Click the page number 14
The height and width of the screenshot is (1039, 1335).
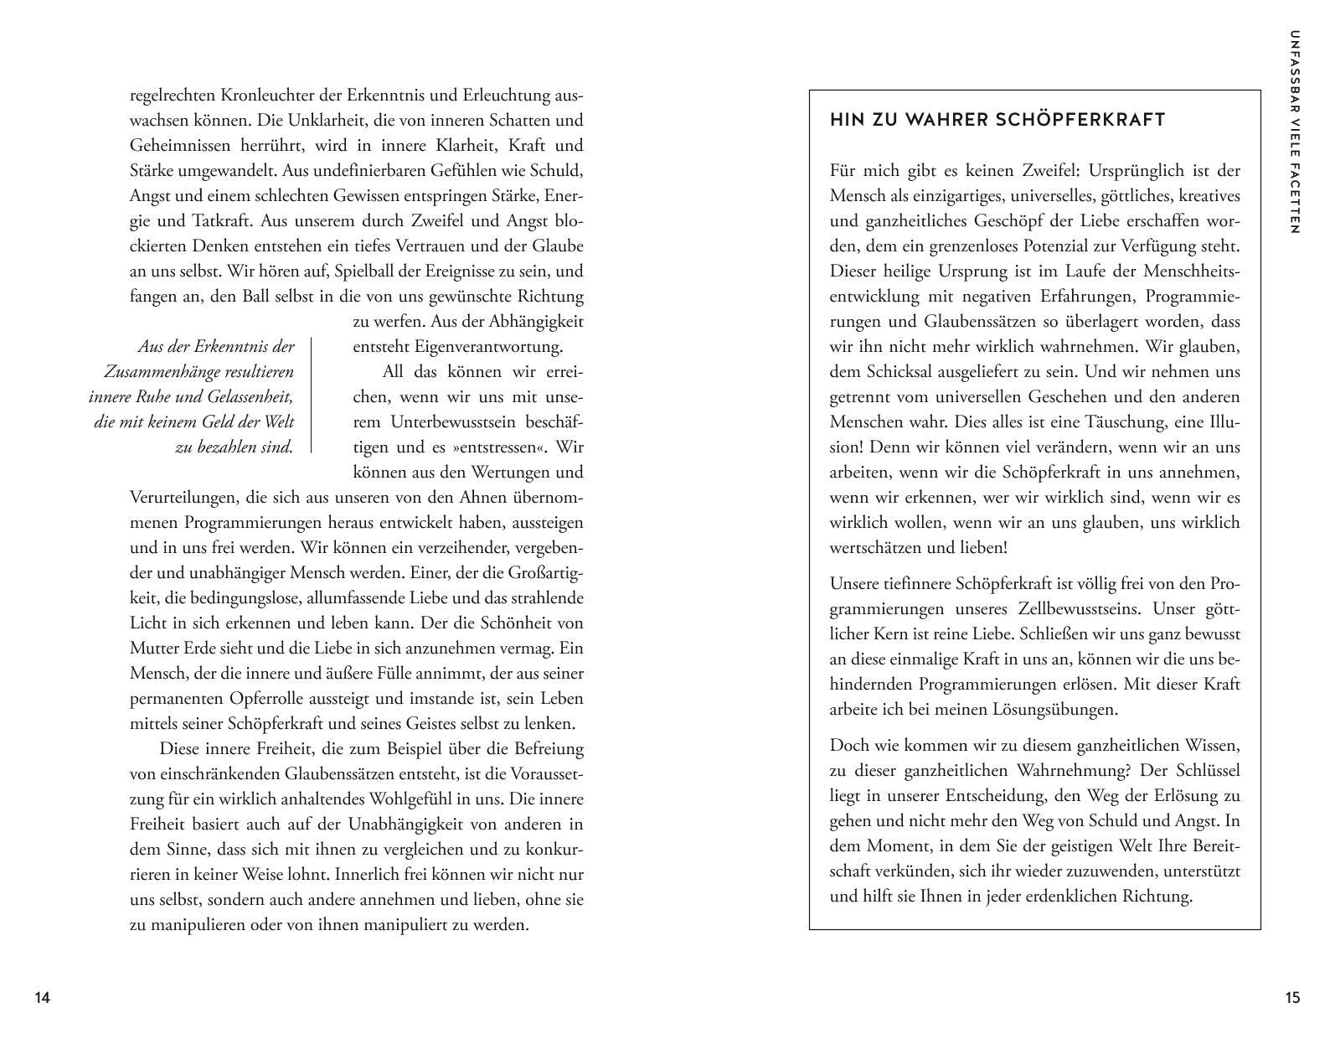click(43, 997)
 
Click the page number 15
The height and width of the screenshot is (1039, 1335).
click(1292, 997)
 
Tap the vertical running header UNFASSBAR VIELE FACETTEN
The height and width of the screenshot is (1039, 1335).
click(1295, 132)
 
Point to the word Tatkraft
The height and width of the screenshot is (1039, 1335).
click(221, 220)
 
